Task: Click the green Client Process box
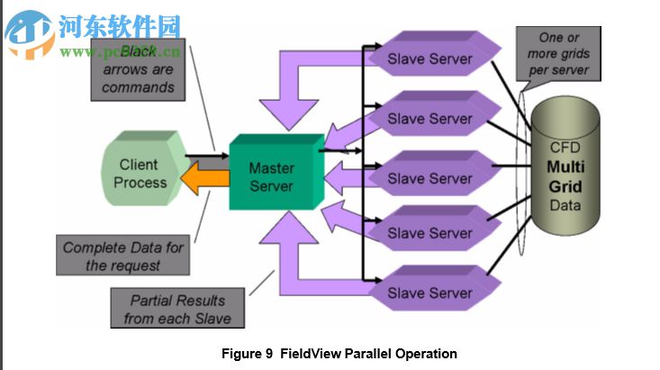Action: [x=140, y=173]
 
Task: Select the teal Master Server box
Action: [x=272, y=176]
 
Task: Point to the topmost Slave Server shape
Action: [x=430, y=59]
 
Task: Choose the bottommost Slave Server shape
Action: [x=430, y=293]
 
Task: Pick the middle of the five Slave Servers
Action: [x=430, y=178]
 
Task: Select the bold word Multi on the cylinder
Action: [x=565, y=167]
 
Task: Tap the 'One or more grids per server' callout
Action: [x=564, y=53]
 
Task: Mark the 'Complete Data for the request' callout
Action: [x=122, y=257]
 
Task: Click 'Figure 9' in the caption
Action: [x=247, y=354]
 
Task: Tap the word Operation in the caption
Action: [x=425, y=354]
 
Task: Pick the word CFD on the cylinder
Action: [x=565, y=148]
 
